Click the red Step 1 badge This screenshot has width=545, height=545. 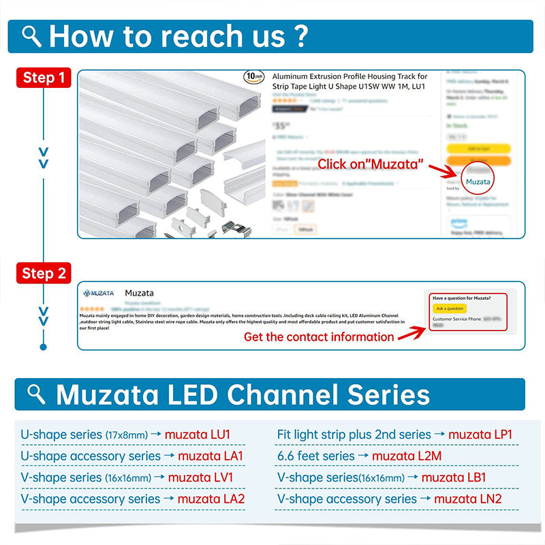44,77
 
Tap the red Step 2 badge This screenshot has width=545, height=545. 44,273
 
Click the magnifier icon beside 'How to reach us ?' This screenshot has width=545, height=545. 32,36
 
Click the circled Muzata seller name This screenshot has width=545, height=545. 478,181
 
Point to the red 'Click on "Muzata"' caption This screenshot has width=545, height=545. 371,164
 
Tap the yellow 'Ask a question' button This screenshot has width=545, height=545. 450,309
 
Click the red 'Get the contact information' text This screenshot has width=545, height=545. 319,337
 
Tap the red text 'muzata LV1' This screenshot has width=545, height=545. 200,478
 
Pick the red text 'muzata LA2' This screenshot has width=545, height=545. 211,499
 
